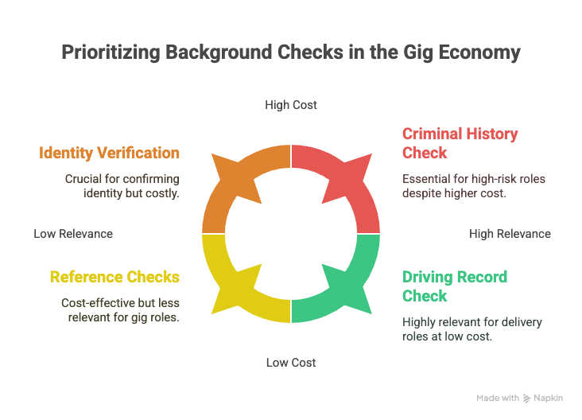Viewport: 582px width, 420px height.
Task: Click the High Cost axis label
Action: [291, 105]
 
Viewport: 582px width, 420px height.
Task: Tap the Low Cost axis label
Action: [291, 363]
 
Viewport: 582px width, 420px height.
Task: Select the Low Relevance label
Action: [73, 234]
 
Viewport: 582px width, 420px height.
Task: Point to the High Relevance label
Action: [510, 234]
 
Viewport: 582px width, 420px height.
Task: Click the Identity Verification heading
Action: [109, 153]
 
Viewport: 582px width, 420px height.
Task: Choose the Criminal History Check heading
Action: [460, 143]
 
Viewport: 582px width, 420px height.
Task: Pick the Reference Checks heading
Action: [114, 277]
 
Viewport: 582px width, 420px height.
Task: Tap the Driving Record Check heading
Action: [455, 286]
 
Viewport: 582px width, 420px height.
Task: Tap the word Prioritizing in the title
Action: [111, 52]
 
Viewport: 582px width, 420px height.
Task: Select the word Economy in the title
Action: [479, 52]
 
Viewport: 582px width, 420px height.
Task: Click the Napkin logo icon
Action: [526, 399]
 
